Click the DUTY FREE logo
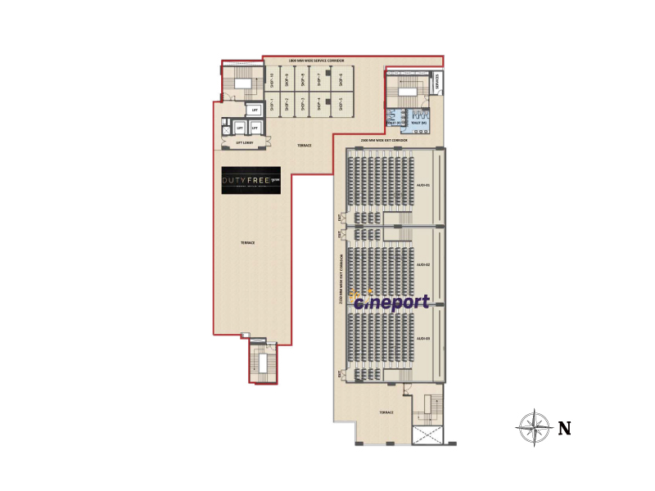(x=251, y=181)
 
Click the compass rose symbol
(x=534, y=426)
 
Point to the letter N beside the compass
(x=564, y=428)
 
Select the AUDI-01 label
(x=423, y=185)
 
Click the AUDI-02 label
(x=423, y=265)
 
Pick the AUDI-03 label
(x=423, y=338)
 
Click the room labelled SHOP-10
(x=270, y=80)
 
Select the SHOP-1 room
(x=270, y=104)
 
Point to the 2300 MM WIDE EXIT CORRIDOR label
(x=388, y=141)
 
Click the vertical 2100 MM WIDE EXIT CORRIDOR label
(x=341, y=278)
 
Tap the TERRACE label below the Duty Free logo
(x=247, y=243)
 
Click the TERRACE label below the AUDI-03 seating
(x=386, y=412)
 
